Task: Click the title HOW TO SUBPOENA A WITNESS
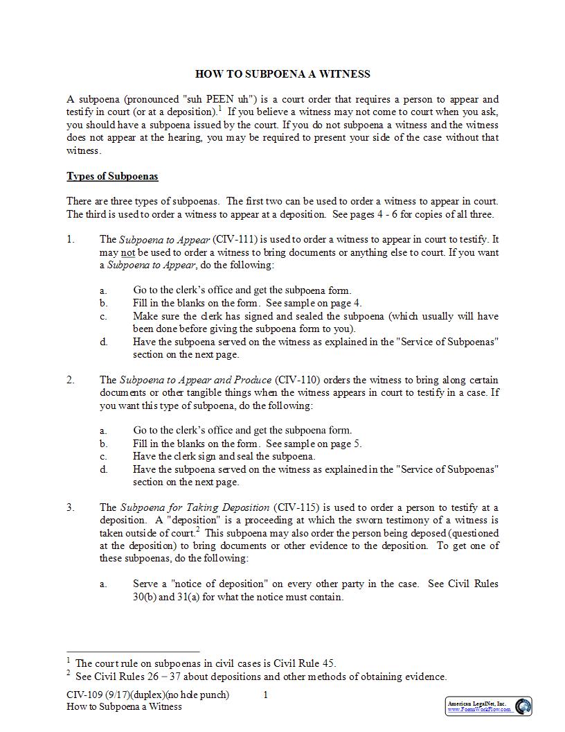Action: pos(282,74)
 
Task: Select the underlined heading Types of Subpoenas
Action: pos(112,176)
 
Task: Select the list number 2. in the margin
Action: pos(71,380)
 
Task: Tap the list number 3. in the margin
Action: pos(71,507)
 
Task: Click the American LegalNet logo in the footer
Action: pos(489,706)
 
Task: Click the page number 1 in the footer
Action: pos(265,695)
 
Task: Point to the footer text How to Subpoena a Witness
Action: pos(125,706)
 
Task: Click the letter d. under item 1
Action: pos(103,342)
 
